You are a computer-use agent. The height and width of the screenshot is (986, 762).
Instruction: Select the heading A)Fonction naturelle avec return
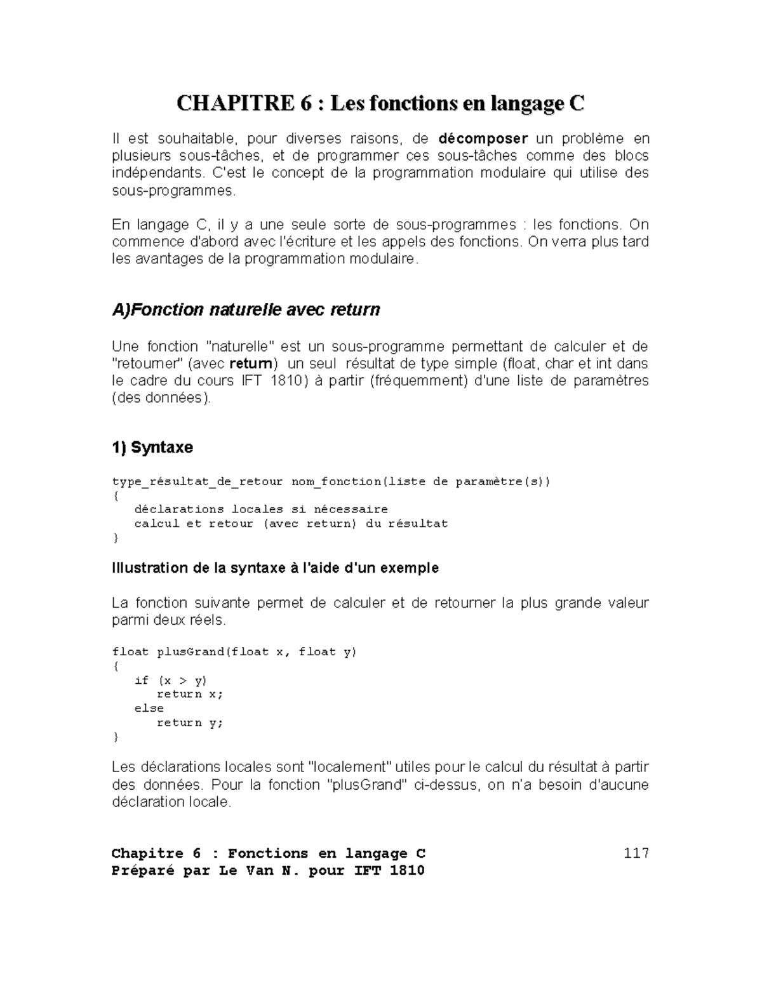pos(246,310)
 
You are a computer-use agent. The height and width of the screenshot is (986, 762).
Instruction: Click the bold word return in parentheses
pos(252,364)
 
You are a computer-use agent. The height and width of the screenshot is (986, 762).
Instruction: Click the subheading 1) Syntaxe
pos(152,448)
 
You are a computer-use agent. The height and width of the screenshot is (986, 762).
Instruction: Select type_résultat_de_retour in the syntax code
pos(197,481)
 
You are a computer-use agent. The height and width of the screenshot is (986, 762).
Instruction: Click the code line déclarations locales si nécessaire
pos(260,509)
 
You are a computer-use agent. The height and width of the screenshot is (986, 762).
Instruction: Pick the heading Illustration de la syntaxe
pos(275,568)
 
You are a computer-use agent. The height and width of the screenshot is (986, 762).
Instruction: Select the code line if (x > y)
pos(170,681)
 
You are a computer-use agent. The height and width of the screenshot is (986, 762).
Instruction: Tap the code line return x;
pos(190,695)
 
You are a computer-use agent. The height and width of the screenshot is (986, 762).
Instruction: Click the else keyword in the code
pos(149,709)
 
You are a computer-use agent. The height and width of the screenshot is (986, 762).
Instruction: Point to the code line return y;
pos(190,723)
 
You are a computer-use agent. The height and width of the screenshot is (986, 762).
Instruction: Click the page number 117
pos(636,853)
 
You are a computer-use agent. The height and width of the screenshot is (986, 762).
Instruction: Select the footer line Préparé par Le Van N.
pos(268,870)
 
